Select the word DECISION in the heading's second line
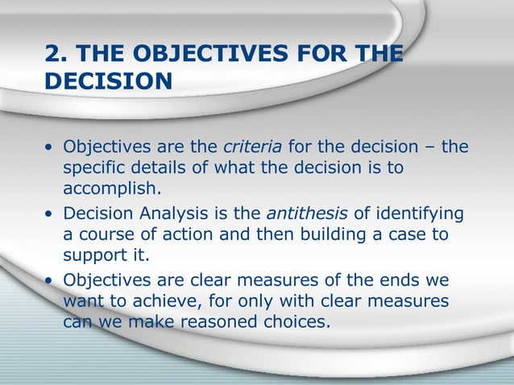point(109,83)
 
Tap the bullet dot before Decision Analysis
point(51,215)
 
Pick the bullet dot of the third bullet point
point(51,281)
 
